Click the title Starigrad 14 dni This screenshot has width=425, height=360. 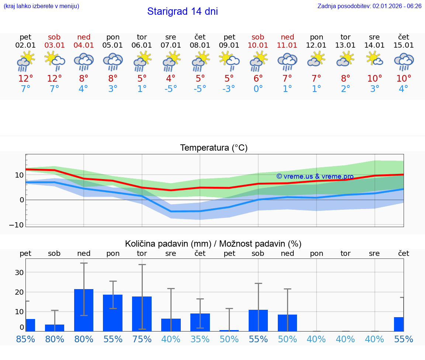click(182, 11)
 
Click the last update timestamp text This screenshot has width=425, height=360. click(369, 6)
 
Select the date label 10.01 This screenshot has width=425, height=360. click(258, 45)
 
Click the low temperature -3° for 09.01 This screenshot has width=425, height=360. click(229, 89)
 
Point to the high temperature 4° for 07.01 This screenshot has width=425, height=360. click(171, 79)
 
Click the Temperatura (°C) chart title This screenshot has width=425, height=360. click(214, 148)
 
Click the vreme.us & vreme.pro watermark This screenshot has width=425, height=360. click(315, 176)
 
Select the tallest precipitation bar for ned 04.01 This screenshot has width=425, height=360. click(84, 310)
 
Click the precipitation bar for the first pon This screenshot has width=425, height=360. click(113, 313)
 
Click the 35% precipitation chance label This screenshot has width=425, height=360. click(200, 339)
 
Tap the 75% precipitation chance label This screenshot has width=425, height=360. click(142, 339)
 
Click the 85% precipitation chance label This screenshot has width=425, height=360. click(25, 339)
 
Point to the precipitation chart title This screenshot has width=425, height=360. click(213, 244)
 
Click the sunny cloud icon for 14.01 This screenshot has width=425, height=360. click(374, 59)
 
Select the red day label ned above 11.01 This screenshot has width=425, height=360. click(287, 37)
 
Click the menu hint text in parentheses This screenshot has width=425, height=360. click(41, 6)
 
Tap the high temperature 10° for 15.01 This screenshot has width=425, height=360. click(404, 79)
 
